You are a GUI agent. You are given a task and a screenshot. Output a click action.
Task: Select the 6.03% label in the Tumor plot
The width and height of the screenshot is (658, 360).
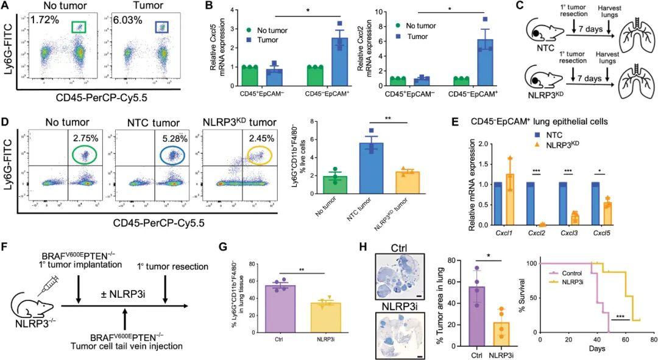pyautogui.click(x=127, y=21)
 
